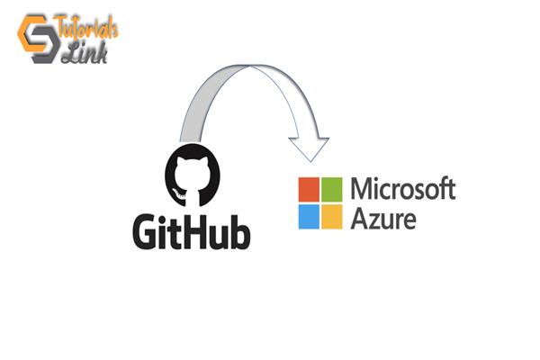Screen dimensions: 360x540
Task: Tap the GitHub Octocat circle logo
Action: pos(190,176)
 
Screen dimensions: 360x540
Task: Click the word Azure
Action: pos(382,217)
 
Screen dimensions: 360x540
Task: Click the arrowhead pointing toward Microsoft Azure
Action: pos(309,144)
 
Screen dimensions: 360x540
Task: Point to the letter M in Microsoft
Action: pos(361,190)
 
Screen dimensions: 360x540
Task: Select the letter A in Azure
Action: pos(358,217)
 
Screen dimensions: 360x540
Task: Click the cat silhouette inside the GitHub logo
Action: pos(190,179)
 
